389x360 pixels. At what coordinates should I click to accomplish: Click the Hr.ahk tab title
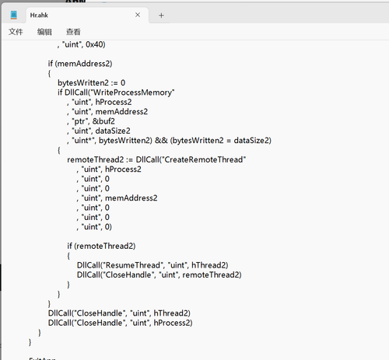[x=39, y=16]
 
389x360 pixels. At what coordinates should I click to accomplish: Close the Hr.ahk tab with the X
[x=138, y=15]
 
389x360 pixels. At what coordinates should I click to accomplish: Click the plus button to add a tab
[x=161, y=16]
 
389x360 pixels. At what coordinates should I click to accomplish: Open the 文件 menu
[x=16, y=32]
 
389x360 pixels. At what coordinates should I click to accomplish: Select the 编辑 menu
[x=44, y=32]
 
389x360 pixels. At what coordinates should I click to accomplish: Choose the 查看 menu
[x=73, y=32]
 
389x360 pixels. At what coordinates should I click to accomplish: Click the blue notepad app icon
[x=14, y=15]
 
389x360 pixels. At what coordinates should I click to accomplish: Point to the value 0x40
[x=94, y=44]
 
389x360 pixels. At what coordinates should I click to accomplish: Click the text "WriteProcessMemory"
[x=132, y=93]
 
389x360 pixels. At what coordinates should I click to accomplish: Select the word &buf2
[x=103, y=121]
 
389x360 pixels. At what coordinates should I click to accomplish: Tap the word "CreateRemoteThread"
[x=204, y=159]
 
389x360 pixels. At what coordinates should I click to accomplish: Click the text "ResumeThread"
[x=134, y=265]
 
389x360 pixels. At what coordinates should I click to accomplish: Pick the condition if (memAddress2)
[x=80, y=64]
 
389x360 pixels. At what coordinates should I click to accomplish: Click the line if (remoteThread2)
[x=101, y=246]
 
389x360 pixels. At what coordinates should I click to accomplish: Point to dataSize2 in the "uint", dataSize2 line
[x=113, y=131]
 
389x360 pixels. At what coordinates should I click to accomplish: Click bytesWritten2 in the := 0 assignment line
[x=83, y=83]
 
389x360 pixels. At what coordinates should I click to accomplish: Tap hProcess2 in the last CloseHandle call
[x=172, y=323]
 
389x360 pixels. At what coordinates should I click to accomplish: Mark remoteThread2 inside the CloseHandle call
[x=211, y=274]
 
